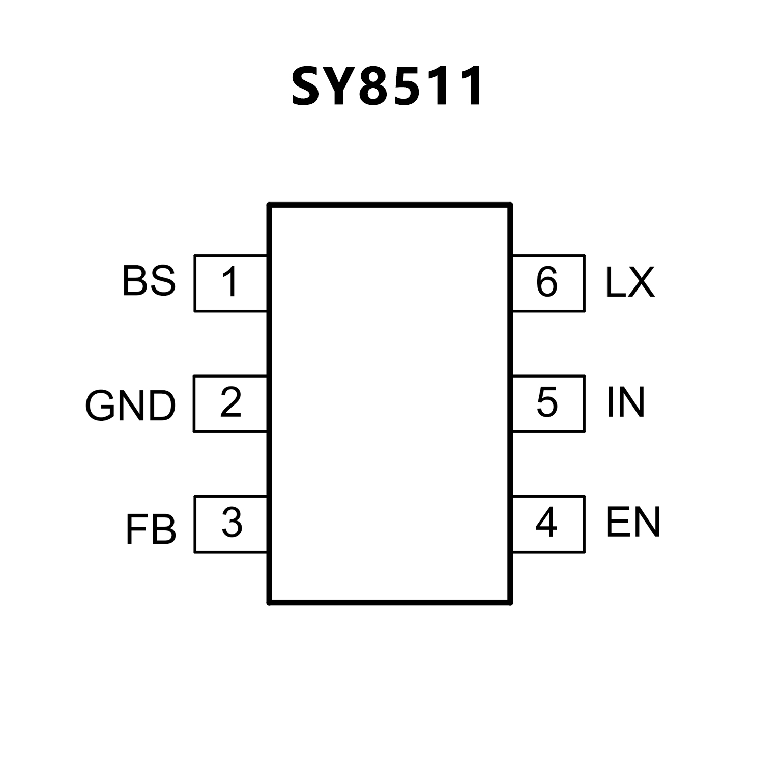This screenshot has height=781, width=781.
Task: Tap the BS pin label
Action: click(149, 281)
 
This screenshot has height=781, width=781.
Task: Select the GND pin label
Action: click(130, 406)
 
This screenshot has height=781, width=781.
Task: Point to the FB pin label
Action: click(151, 530)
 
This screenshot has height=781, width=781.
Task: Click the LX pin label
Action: click(629, 282)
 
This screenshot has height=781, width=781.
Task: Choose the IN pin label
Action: click(626, 402)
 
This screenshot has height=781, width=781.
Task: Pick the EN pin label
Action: click(633, 522)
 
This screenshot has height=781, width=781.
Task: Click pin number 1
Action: click(230, 282)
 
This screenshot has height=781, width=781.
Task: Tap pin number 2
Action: click(230, 402)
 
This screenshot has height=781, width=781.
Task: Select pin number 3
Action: click(232, 523)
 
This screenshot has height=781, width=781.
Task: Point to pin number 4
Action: click(546, 523)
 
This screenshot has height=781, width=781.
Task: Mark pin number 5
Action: click(547, 402)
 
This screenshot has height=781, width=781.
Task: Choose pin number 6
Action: click(547, 282)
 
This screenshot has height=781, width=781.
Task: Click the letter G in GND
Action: click(99, 406)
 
